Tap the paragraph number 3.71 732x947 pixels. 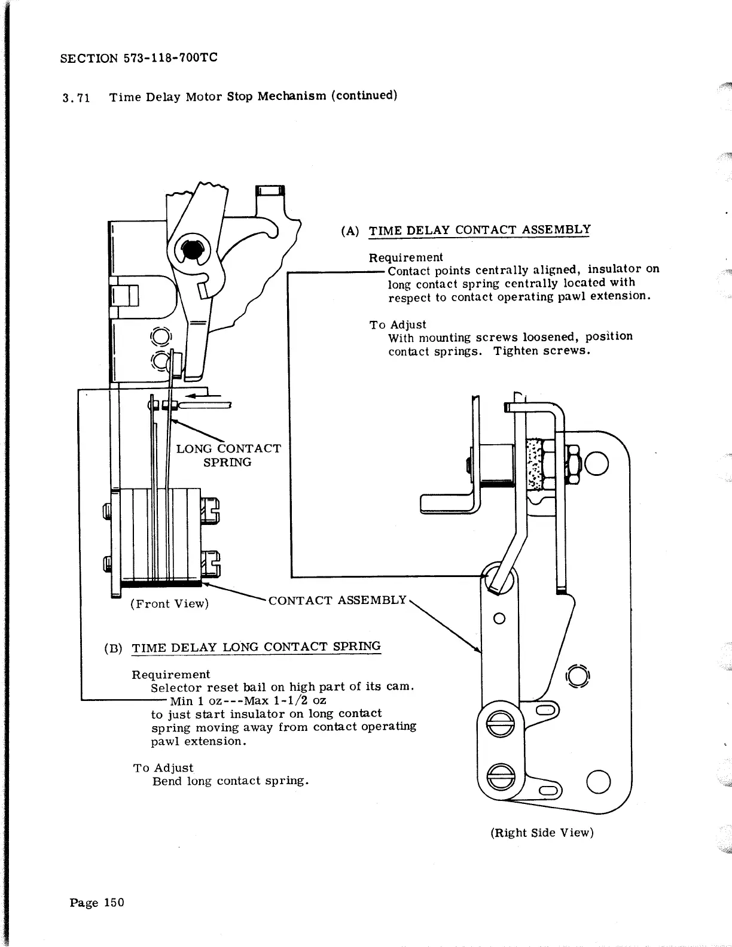coord(76,98)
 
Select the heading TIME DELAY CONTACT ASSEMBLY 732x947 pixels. coord(480,230)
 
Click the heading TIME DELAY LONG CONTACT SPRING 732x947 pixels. coord(256,647)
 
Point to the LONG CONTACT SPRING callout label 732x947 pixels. coord(228,455)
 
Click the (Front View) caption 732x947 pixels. coord(170,603)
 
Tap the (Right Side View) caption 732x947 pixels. coord(542,833)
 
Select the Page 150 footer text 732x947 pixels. coord(97,903)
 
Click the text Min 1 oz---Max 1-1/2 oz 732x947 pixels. coord(248,700)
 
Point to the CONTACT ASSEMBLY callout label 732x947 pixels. coord(337,600)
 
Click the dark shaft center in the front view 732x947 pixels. coord(192,250)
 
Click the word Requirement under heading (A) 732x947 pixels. coord(405,257)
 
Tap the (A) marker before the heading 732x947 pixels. coord(350,231)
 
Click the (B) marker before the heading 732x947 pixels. coord(113,648)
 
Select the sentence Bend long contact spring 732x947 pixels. coord(230,781)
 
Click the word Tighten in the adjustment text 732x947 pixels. coord(514,350)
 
